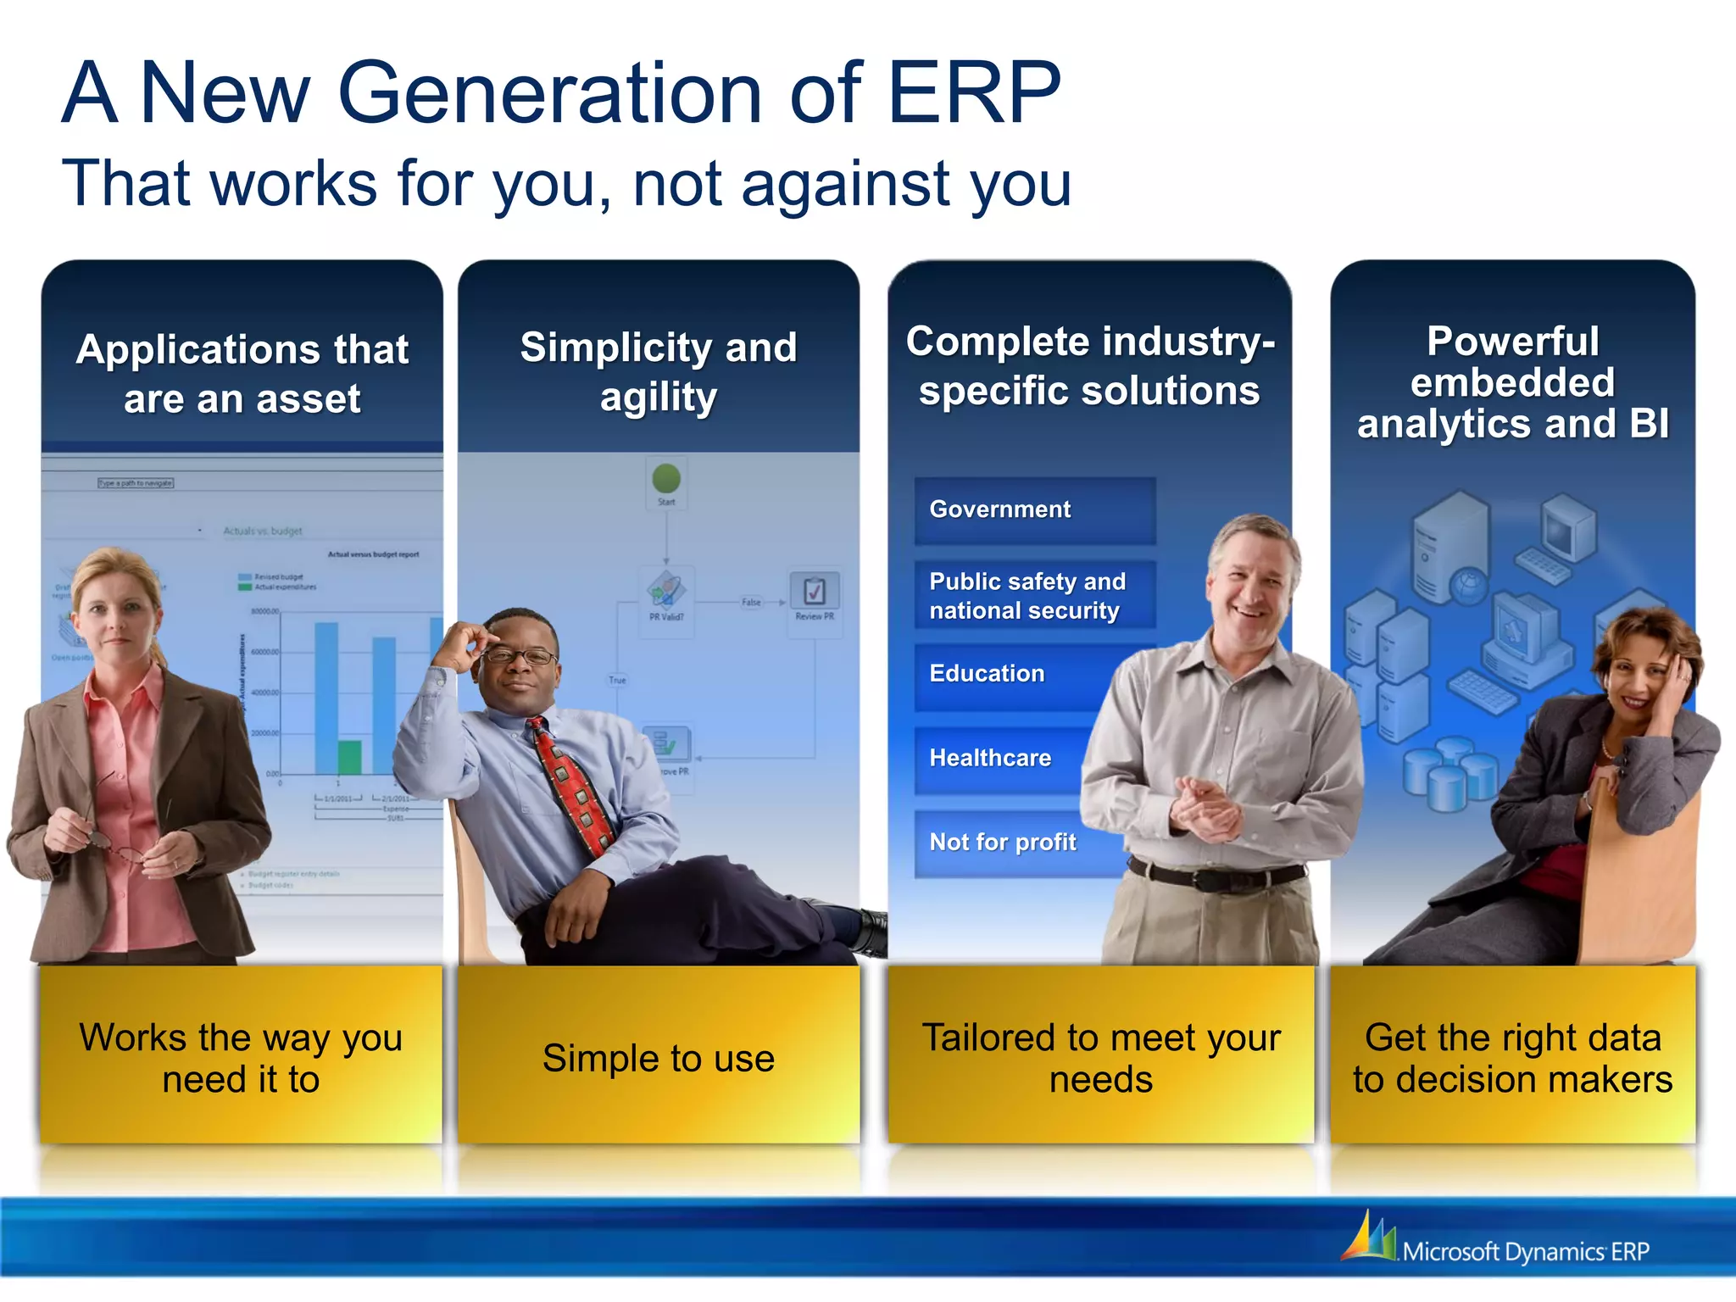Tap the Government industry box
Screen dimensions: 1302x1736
[x=1034, y=510]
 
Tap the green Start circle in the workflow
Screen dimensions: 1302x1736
[x=666, y=478]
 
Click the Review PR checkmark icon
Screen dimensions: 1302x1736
[x=814, y=590]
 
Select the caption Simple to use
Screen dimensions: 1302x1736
[x=659, y=1059]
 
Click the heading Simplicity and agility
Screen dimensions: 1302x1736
[x=659, y=371]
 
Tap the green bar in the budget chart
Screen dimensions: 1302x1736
[x=349, y=757]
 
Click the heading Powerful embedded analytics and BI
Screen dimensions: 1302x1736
[x=1513, y=383]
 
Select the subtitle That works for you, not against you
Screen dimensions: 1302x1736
[x=566, y=183]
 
